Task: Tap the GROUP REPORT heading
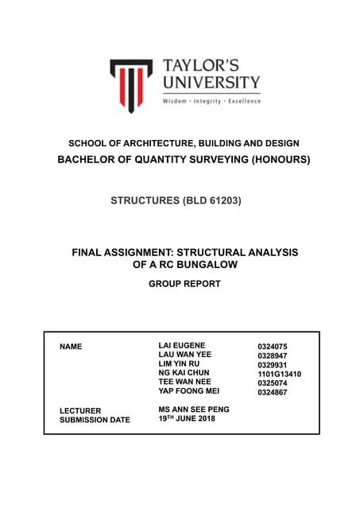184,282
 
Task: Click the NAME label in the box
72,348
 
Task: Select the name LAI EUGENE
182,345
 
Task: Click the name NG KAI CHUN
184,372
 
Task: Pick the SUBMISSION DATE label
95,420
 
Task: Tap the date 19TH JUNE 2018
187,418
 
